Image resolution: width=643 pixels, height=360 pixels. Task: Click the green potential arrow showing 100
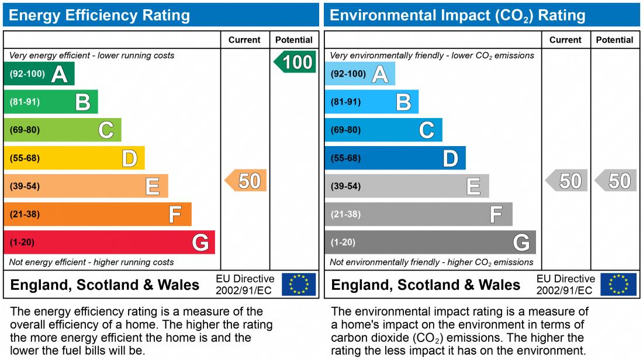click(x=296, y=62)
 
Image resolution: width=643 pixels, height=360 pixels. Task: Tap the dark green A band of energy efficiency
click(x=39, y=74)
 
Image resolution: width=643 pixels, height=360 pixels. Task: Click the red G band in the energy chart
click(x=109, y=242)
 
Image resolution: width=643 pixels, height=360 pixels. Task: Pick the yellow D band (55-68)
click(x=74, y=158)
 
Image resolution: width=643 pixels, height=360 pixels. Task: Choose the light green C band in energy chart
click(x=63, y=130)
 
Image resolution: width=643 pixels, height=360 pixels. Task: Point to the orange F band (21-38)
click(x=98, y=214)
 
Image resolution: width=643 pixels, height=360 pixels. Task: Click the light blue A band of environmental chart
click(x=359, y=74)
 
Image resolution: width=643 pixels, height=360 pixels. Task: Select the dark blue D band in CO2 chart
click(x=395, y=158)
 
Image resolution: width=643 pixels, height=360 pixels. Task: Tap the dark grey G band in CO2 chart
click(x=430, y=242)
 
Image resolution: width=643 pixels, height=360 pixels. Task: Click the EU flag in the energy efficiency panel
click(x=299, y=284)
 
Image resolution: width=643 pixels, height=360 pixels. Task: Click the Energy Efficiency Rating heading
click(x=99, y=15)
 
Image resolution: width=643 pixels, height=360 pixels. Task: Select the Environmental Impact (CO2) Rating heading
click(x=458, y=15)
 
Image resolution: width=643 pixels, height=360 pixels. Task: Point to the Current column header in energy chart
click(x=244, y=40)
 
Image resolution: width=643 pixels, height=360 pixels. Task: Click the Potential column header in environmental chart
click(x=614, y=40)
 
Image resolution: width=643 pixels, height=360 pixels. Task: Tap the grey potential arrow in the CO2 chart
click(x=616, y=181)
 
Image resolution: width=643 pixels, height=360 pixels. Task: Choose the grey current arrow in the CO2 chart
click(x=567, y=181)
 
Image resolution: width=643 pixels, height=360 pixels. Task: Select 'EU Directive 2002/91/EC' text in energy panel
click(x=244, y=284)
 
